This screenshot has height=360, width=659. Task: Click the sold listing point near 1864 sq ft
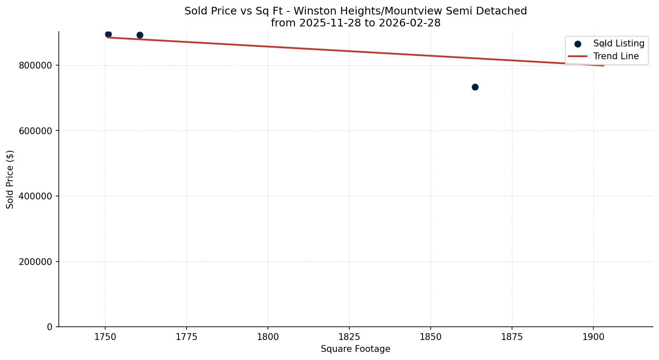coord(475,87)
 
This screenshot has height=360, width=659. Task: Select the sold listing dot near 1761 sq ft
coord(140,35)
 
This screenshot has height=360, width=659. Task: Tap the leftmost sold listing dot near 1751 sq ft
coord(108,34)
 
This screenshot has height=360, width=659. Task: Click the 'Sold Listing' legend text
coord(619,43)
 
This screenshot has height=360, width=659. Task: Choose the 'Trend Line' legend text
coord(616,56)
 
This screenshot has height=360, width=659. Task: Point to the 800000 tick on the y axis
coord(35,65)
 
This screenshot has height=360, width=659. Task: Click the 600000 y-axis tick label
coord(35,131)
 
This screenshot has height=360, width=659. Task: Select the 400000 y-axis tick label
coord(35,196)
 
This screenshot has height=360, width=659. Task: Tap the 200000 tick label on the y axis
coord(35,262)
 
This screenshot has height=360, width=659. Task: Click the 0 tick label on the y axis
coord(50,327)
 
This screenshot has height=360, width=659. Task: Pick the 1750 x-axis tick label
coord(105,337)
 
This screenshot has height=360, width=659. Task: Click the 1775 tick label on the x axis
coord(187,337)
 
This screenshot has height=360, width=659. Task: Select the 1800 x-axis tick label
coord(268,337)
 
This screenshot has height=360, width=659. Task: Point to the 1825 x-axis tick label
coord(349,337)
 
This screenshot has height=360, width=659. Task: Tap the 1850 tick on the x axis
coord(431,337)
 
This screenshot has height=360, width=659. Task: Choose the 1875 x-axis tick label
coord(512,337)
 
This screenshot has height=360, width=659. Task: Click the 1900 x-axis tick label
coord(593,337)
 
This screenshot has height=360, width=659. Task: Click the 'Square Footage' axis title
coord(355,349)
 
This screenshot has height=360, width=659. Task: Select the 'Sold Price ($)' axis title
coord(10,179)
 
